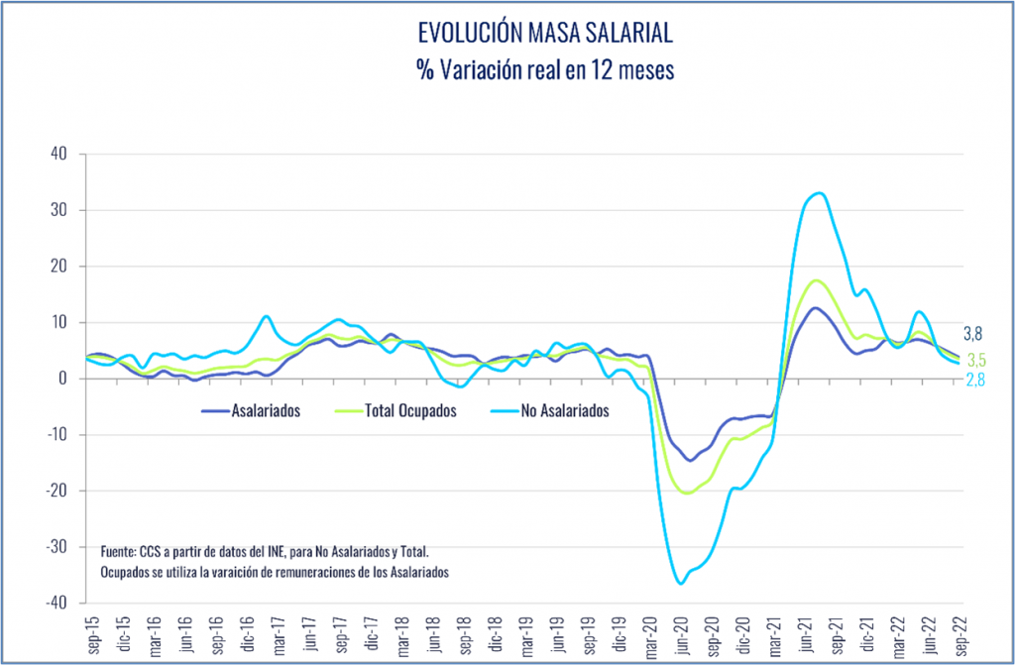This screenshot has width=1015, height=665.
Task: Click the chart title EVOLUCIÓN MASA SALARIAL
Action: tap(545, 34)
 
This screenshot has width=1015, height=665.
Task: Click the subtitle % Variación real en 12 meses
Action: tap(545, 70)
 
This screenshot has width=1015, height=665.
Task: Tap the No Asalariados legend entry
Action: tap(560, 410)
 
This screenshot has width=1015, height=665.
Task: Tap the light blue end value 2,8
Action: tap(975, 380)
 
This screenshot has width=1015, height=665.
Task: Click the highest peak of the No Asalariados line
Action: tap(819, 193)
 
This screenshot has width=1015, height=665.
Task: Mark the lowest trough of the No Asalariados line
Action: tap(681, 584)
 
